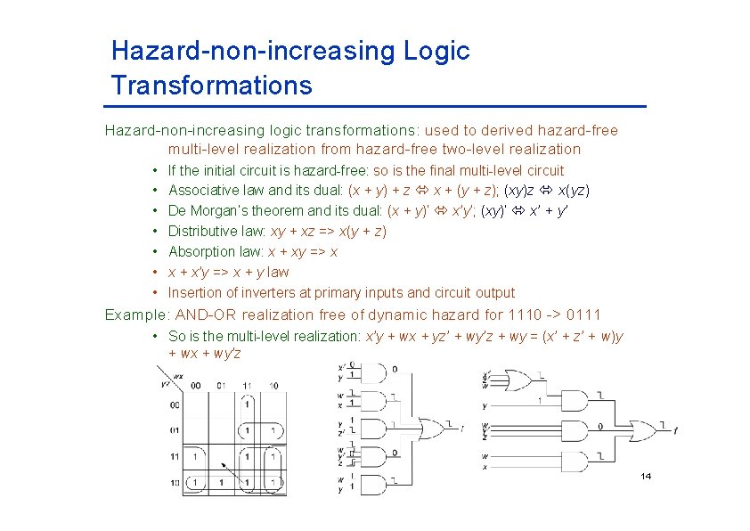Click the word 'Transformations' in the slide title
click(212, 86)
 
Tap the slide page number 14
click(646, 477)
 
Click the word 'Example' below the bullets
click(136, 315)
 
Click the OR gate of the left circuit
click(431, 429)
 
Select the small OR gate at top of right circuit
click(517, 380)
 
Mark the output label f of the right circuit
click(675, 431)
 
